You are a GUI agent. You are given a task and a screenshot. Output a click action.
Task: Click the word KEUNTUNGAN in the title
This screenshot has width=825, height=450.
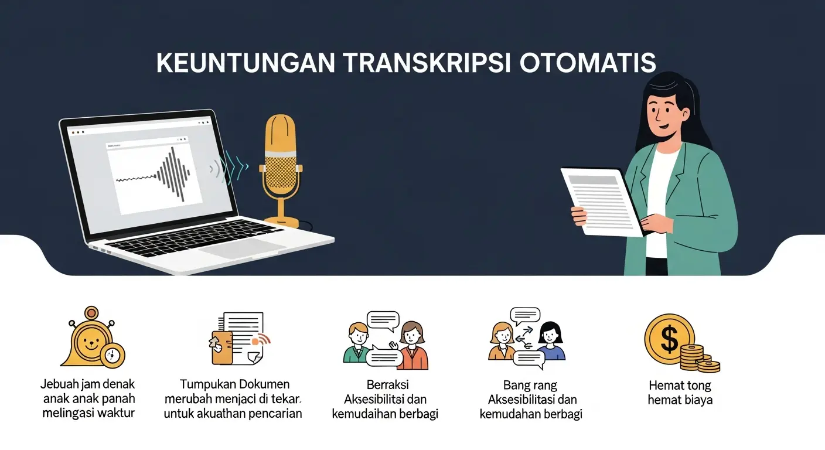click(246, 63)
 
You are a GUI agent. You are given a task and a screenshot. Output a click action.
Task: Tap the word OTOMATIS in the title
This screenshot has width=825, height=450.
click(588, 63)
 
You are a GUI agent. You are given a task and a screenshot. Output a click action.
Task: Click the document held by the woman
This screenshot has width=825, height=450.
click(602, 202)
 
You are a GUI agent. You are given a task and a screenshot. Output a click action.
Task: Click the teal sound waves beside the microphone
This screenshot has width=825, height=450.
click(230, 168)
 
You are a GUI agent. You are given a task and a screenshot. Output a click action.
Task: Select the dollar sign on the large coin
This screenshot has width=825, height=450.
click(669, 339)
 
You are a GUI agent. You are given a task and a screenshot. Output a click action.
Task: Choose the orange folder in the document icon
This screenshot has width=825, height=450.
click(221, 347)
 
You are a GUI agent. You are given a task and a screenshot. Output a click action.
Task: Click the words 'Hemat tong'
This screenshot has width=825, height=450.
click(680, 386)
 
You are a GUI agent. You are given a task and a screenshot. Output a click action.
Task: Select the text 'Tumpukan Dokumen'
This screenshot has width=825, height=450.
click(234, 384)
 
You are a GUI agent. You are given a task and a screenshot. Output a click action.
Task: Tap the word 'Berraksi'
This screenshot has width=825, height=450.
click(387, 385)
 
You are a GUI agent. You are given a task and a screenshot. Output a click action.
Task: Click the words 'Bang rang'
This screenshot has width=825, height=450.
click(530, 386)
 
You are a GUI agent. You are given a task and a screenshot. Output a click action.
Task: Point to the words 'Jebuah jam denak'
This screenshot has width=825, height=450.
click(88, 384)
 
